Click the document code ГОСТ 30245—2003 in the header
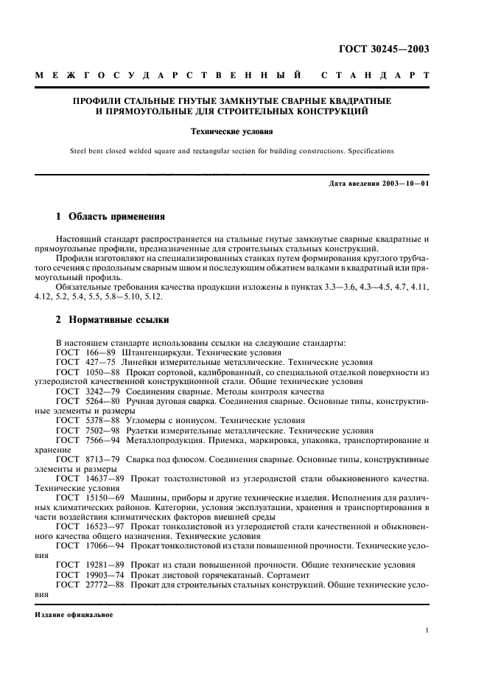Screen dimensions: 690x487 click(390, 50)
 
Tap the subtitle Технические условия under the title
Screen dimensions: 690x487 click(244, 133)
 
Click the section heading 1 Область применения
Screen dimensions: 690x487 click(111, 218)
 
